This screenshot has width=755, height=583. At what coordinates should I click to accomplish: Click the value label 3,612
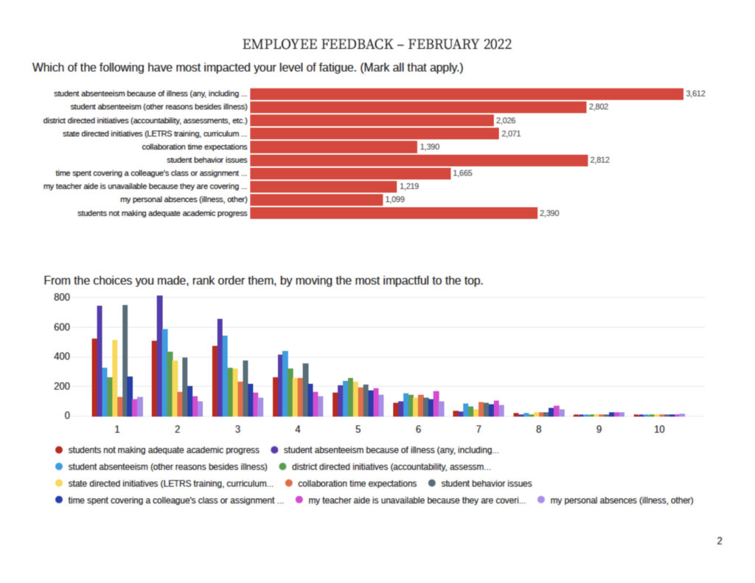[695, 94]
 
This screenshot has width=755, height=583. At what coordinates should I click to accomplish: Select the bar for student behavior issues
[419, 161]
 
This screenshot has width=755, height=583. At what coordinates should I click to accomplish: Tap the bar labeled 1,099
[316, 200]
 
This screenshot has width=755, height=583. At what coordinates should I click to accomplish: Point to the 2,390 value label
[549, 213]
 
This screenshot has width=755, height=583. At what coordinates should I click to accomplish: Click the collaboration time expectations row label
[195, 147]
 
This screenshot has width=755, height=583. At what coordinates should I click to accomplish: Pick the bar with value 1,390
[334, 147]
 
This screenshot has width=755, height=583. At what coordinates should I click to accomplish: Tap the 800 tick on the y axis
[62, 298]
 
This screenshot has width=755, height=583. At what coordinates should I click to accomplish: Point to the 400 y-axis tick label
[62, 357]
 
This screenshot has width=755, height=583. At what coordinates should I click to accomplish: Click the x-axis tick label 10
[659, 430]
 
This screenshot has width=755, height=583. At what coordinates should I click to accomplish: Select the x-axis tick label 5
[358, 430]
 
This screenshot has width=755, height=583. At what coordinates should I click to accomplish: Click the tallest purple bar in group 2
[160, 356]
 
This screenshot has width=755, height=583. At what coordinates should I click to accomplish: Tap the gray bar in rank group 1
[125, 360]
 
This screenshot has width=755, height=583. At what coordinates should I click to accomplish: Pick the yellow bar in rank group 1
[115, 378]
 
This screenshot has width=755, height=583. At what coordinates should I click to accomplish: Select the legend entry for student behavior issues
[480, 483]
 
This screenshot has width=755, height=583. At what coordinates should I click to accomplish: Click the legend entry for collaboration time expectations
[351, 483]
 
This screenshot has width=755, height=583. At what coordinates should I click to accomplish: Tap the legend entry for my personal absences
[616, 500]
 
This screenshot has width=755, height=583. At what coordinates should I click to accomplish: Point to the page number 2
[720, 541]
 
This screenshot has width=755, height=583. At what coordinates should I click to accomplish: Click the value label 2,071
[511, 134]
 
